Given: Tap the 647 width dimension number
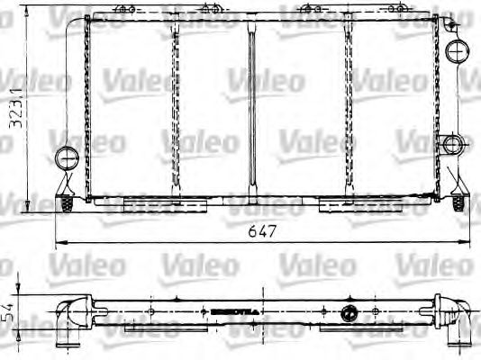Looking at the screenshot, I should coord(259,231).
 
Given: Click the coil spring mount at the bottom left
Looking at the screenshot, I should coord(68,206).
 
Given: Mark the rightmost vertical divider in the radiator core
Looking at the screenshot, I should coord(346,108).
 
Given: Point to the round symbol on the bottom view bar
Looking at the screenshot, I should coord(346,315).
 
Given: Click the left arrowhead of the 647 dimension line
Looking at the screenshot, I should coord(59,242).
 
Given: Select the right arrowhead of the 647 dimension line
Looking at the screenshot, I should coord(466,242).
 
